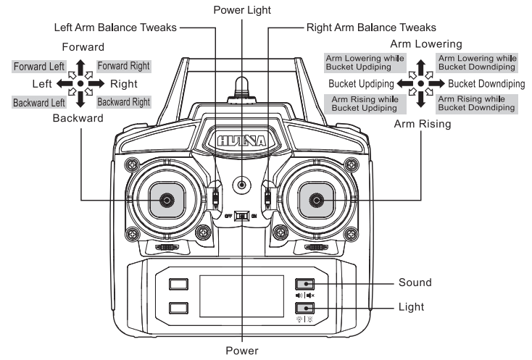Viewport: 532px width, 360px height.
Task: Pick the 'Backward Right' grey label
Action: pyautogui.click(x=122, y=102)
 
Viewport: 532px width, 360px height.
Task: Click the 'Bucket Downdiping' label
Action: pyautogui.click(x=486, y=84)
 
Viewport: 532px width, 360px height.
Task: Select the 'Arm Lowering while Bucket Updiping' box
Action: pyautogui.click(x=359, y=62)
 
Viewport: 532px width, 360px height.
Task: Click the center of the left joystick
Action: pyautogui.click(x=167, y=199)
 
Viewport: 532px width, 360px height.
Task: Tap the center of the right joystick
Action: pyautogui.click(x=315, y=199)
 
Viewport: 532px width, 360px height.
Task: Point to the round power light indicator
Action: pyautogui.click(x=241, y=186)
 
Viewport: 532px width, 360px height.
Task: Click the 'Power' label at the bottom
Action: pyautogui.click(x=241, y=350)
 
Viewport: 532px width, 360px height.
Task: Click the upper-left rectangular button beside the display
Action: pyautogui.click(x=178, y=285)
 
